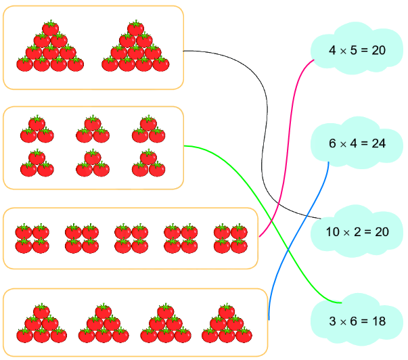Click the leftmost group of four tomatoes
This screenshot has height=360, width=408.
point(32,239)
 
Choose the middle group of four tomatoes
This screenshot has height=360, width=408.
point(132,239)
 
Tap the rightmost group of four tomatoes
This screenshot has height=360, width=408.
point(231,239)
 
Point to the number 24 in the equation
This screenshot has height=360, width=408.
point(378,143)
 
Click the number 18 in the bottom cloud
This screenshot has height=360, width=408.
point(378,321)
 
